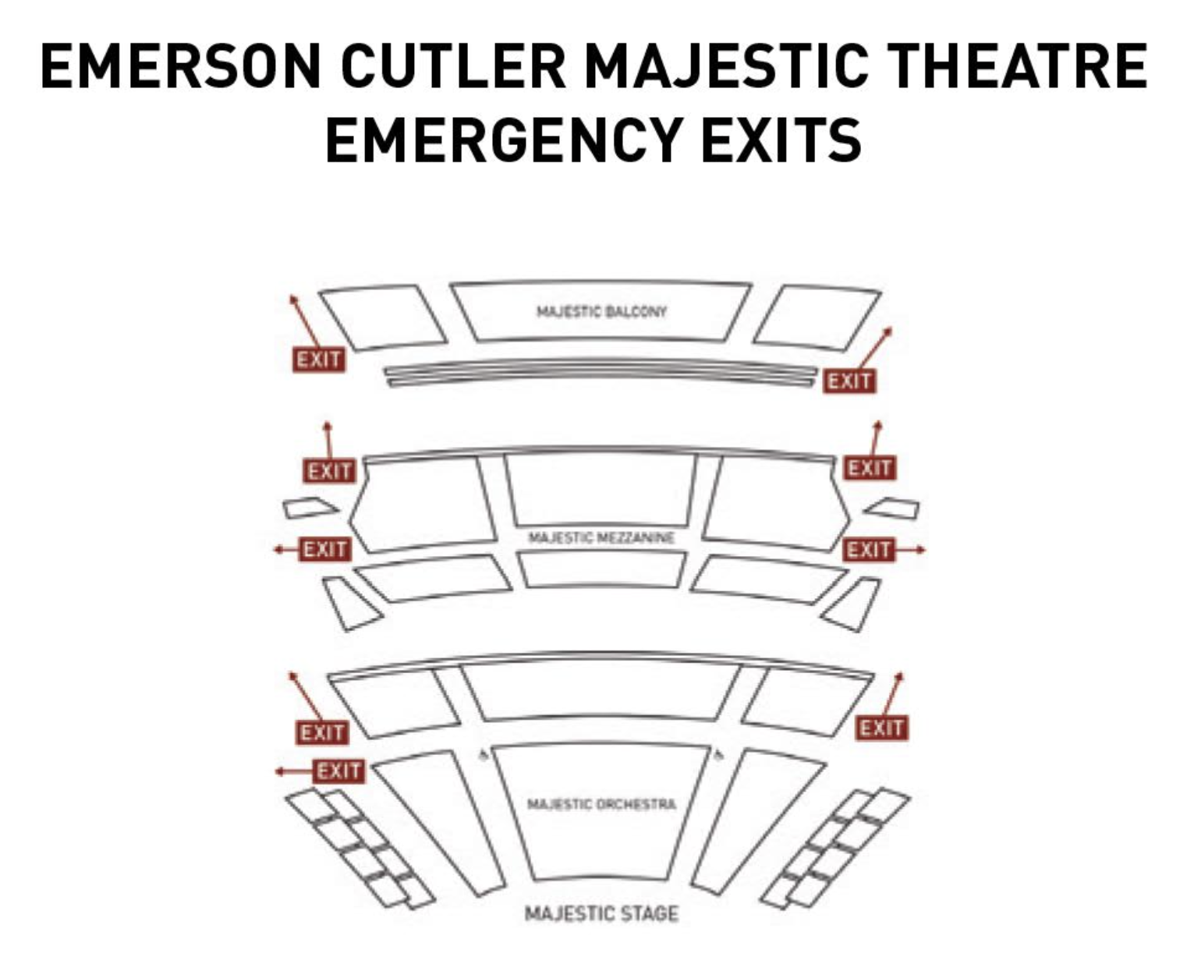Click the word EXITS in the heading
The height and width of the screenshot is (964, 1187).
click(x=781, y=140)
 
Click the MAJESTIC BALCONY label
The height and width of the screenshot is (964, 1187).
click(x=601, y=312)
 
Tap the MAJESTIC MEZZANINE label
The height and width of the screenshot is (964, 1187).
click(x=601, y=538)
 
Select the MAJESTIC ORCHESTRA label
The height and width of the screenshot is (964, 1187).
click(x=601, y=804)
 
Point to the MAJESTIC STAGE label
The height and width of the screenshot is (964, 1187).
click(x=601, y=913)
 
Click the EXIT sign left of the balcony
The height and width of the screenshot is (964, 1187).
click(x=318, y=360)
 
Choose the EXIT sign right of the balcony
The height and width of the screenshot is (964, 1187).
click(x=849, y=381)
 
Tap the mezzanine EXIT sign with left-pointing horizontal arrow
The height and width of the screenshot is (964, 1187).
click(x=325, y=550)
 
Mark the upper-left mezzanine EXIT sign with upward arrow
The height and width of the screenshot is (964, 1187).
click(x=328, y=472)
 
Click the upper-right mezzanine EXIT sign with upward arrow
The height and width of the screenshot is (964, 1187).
click(x=870, y=468)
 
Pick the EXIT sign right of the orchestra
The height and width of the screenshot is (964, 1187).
click(x=881, y=728)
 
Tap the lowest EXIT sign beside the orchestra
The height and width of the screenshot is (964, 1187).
click(x=338, y=771)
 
